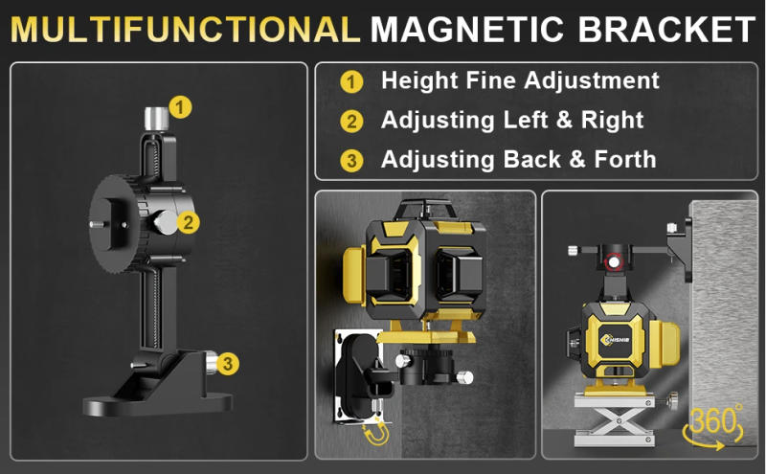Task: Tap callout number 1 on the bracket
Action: (181, 106)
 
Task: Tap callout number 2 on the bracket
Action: (190, 223)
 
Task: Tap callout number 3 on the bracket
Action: (226, 363)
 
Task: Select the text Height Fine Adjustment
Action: (520, 81)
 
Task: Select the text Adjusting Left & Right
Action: (512, 121)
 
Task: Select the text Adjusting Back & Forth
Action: (518, 159)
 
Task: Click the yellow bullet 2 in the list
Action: (351, 122)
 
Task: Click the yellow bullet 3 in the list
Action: (351, 160)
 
